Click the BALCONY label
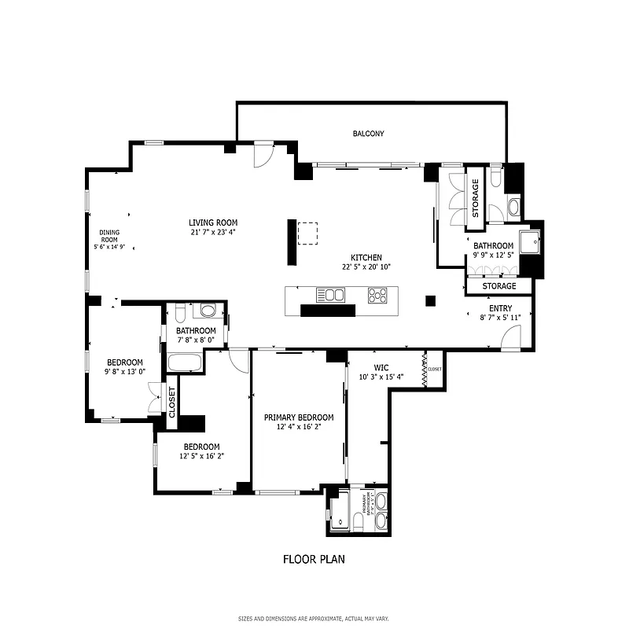pyautogui.click(x=368, y=134)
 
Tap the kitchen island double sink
pyautogui.click(x=330, y=295)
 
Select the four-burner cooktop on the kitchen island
pyautogui.click(x=377, y=296)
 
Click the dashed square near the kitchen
pyautogui.click(x=307, y=234)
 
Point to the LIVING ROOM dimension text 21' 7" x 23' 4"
pyautogui.click(x=212, y=232)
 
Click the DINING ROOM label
pyautogui.click(x=109, y=236)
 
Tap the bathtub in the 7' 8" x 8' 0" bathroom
pyautogui.click(x=185, y=362)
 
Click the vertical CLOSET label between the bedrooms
pyautogui.click(x=172, y=403)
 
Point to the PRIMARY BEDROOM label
pyautogui.click(x=299, y=417)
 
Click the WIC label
pyautogui.click(x=381, y=367)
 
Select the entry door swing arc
pyautogui.click(x=509, y=338)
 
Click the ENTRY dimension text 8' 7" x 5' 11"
pyautogui.click(x=500, y=318)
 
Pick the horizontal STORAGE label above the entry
pyautogui.click(x=499, y=286)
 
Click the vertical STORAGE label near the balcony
pyautogui.click(x=475, y=198)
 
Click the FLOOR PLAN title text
pyautogui.click(x=314, y=560)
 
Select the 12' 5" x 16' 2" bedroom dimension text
pyautogui.click(x=202, y=455)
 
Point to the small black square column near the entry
pyautogui.click(x=430, y=300)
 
